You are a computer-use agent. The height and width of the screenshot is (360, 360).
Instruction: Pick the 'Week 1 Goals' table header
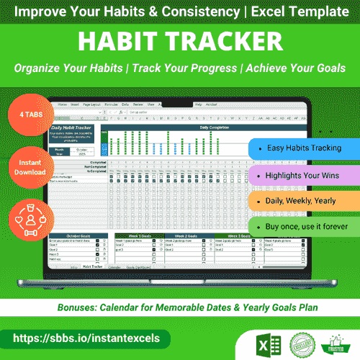(x=135, y=235)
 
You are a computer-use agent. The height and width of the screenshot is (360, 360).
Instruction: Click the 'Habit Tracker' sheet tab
(x=91, y=266)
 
